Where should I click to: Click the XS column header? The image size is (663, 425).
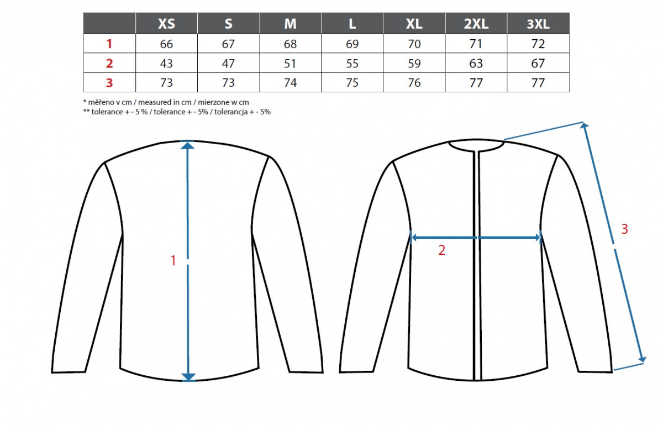[x=166, y=24]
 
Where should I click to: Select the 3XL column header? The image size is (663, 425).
[x=538, y=24]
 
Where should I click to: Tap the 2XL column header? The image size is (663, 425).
[x=476, y=24]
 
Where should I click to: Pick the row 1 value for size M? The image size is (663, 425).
[x=290, y=44]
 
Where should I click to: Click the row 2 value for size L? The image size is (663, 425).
[x=352, y=64]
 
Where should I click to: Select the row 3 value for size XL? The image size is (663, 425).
[x=414, y=83]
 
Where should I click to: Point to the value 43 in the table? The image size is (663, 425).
[x=166, y=64]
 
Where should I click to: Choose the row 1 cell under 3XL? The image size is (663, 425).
[x=538, y=44]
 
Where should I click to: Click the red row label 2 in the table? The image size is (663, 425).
[x=109, y=64]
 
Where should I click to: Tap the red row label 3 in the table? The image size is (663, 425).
[x=109, y=83]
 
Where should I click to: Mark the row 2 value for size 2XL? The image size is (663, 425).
[x=476, y=64]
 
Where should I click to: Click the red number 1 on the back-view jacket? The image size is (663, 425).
[x=173, y=261]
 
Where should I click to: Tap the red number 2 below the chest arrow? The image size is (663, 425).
[x=441, y=250]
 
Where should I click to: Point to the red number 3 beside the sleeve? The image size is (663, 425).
[x=624, y=229]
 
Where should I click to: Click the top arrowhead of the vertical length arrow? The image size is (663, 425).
[x=188, y=145]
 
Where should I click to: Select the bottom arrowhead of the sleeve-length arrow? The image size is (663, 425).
[x=641, y=359]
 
